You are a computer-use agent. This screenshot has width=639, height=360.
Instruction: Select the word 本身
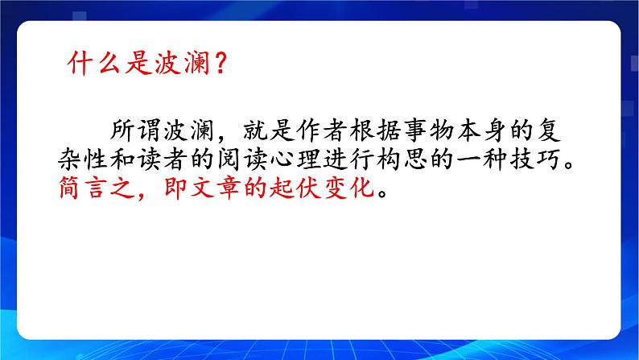click(x=493, y=130)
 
